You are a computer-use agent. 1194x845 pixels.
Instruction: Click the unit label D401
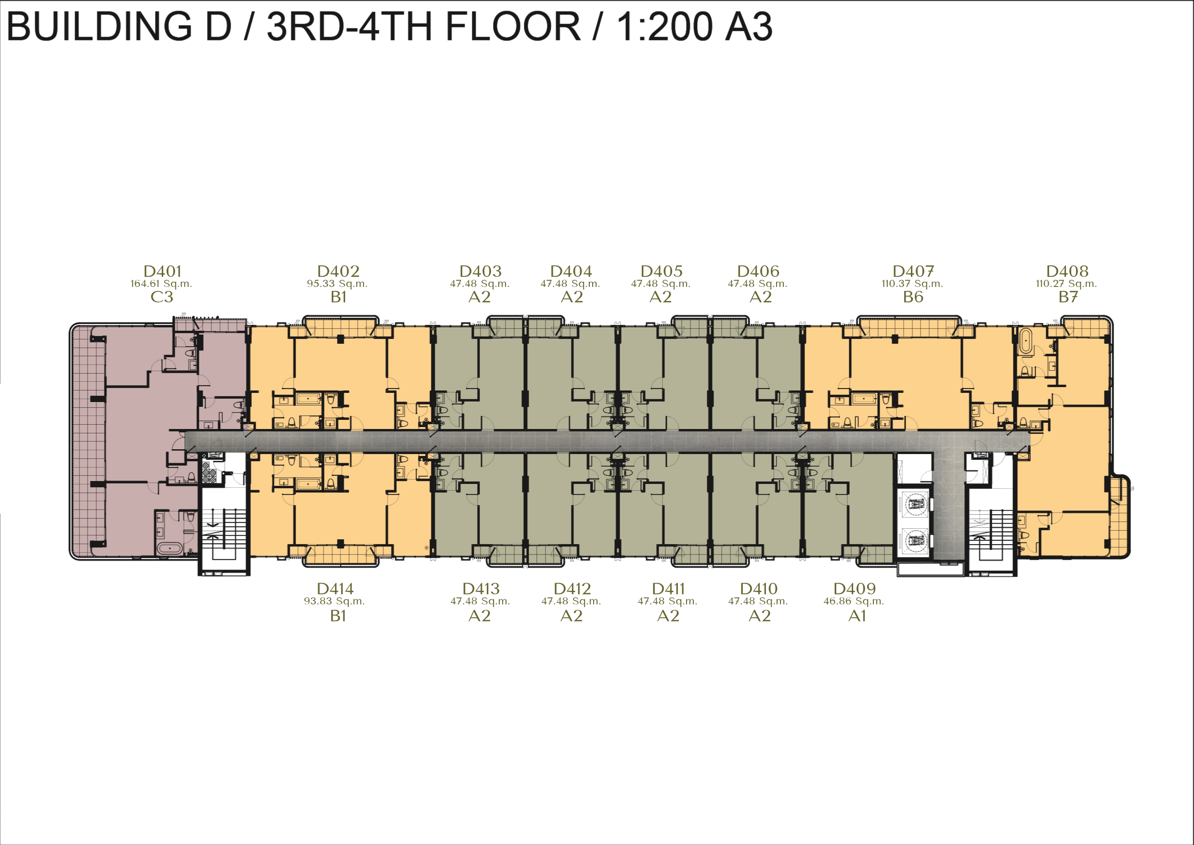162,271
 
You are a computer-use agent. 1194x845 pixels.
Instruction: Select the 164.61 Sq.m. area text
161,284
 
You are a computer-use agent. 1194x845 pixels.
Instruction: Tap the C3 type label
161,297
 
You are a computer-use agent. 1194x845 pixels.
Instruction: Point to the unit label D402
338,271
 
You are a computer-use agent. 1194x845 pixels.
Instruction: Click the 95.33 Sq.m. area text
337,284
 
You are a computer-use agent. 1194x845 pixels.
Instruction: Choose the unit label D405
661,271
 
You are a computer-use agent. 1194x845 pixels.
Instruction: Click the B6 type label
913,297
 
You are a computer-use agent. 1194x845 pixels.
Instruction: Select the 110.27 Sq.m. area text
1066,284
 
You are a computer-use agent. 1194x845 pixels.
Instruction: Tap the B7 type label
1068,297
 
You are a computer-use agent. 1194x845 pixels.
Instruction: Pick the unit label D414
335,588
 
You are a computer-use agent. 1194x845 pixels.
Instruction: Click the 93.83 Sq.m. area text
335,601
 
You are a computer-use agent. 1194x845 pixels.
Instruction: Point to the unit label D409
855,588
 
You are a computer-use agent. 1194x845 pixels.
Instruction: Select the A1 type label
857,616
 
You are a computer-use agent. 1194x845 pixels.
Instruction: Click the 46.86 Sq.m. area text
854,601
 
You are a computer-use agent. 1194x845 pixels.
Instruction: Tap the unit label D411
669,588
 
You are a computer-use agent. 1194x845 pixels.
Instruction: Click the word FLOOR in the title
513,26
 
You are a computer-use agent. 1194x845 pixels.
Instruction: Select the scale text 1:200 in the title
662,26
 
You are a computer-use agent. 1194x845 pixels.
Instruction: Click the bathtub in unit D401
169,548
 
